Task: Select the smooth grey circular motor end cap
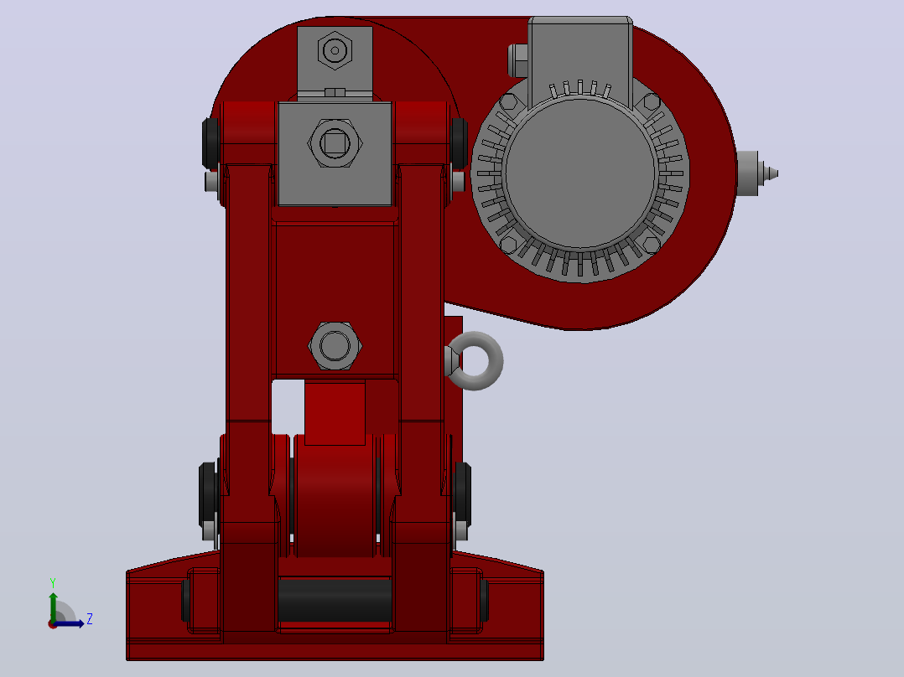pyautogui.click(x=580, y=173)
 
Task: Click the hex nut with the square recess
pyautogui.click(x=335, y=143)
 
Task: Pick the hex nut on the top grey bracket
pyautogui.click(x=335, y=51)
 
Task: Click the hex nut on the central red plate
pyautogui.click(x=335, y=346)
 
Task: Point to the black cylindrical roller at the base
pyautogui.click(x=335, y=600)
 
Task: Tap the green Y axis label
pyautogui.click(x=53, y=583)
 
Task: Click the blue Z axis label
pyautogui.click(x=90, y=619)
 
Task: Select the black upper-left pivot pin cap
pyautogui.click(x=210, y=143)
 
